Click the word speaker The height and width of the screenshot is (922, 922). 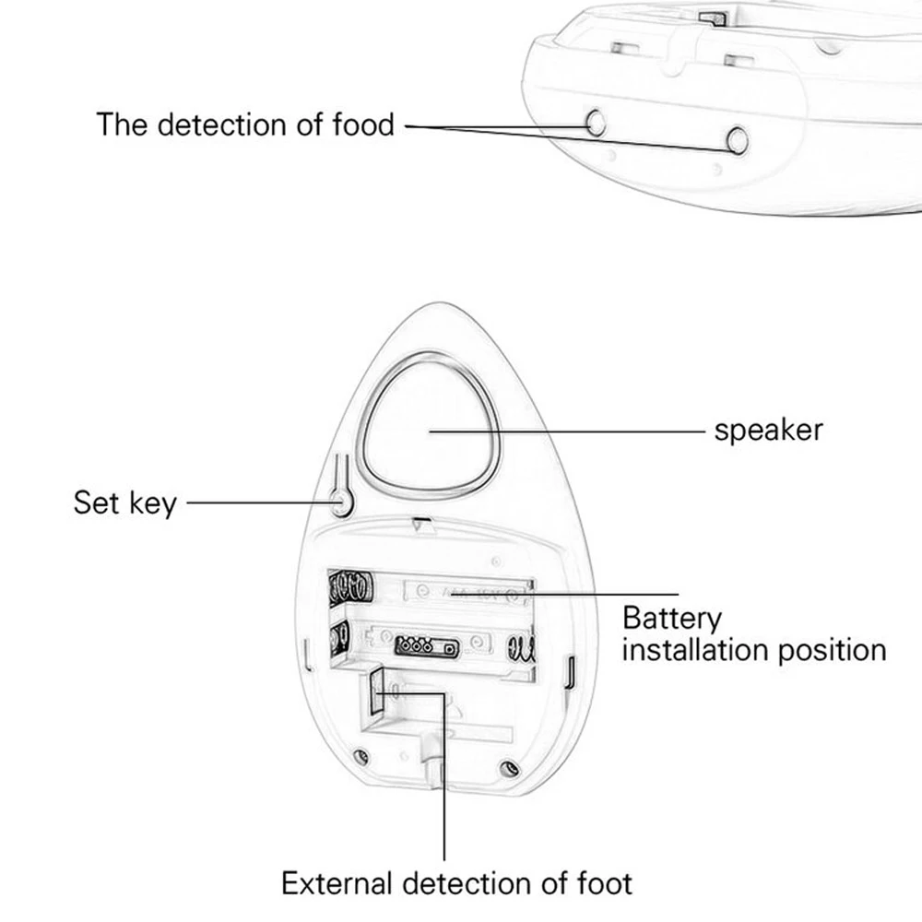click(768, 431)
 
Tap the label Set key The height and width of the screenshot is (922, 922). click(124, 502)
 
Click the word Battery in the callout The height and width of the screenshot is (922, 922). click(672, 619)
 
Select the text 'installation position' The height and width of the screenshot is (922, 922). click(754, 650)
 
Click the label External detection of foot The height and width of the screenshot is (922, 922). click(457, 883)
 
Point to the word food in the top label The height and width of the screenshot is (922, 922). click(363, 124)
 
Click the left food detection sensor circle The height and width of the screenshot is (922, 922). click(596, 123)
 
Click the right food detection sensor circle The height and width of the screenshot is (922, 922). click(738, 140)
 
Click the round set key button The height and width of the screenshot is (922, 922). click(340, 502)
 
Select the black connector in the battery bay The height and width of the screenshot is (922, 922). click(427, 647)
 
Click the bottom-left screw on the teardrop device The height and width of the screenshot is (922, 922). click(361, 756)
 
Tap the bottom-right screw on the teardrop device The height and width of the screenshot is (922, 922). click(509, 768)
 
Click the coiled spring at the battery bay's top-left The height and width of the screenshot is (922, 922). click(351, 586)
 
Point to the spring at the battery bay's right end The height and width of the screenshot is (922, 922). click(522, 649)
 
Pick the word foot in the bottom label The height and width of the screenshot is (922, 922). click(605, 883)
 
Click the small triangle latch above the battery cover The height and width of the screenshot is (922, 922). click(421, 524)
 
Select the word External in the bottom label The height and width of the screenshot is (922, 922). click(337, 883)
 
